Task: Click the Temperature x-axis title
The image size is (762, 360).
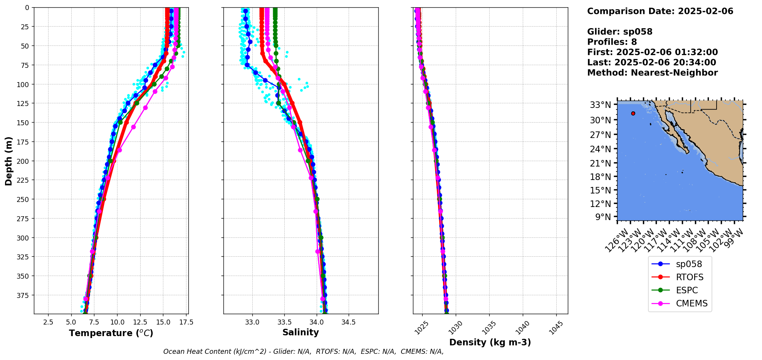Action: pos(111,333)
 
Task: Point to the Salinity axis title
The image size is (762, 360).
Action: pos(300,332)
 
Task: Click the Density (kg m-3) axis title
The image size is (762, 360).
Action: pos(490,342)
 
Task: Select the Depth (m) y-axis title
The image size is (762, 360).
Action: pos(8,161)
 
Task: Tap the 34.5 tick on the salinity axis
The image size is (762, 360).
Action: pos(349,322)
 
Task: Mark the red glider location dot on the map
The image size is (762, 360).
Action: pos(633,113)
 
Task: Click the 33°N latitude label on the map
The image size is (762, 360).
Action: pos(600,105)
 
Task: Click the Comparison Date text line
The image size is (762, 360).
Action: pos(660,11)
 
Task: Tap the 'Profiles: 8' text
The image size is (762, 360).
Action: pos(612,42)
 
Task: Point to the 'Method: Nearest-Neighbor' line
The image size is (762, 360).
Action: pos(652,73)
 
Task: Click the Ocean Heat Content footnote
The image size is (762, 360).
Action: pos(303,352)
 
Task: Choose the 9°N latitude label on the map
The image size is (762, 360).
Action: pos(603,217)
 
